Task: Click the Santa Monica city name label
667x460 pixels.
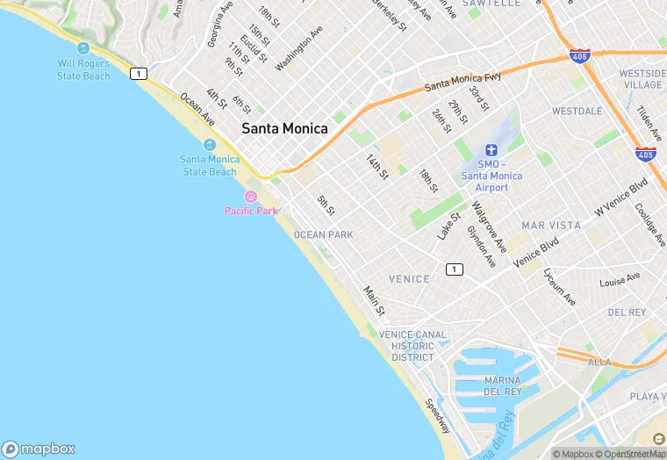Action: point(284,128)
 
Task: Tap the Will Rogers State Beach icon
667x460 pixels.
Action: point(83,48)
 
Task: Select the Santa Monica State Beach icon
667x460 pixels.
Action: point(209,145)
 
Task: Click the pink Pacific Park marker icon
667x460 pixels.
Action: point(251,197)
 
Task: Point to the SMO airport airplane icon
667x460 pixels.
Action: point(491,151)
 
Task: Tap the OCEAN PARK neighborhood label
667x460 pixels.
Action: point(323,234)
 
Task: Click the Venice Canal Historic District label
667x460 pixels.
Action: point(412,346)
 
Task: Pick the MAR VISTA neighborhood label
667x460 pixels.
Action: point(551,226)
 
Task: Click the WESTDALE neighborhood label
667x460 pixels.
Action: point(577,111)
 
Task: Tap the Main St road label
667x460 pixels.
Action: point(375,299)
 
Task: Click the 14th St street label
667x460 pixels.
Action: point(377,167)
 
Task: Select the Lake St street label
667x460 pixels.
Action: point(449,226)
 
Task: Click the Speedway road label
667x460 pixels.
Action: point(437,416)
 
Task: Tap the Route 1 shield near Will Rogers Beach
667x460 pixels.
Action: point(138,74)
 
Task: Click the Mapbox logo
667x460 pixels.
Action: point(39,448)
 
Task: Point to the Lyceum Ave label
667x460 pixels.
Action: point(559,286)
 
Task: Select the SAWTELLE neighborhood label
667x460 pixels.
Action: point(491,4)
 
